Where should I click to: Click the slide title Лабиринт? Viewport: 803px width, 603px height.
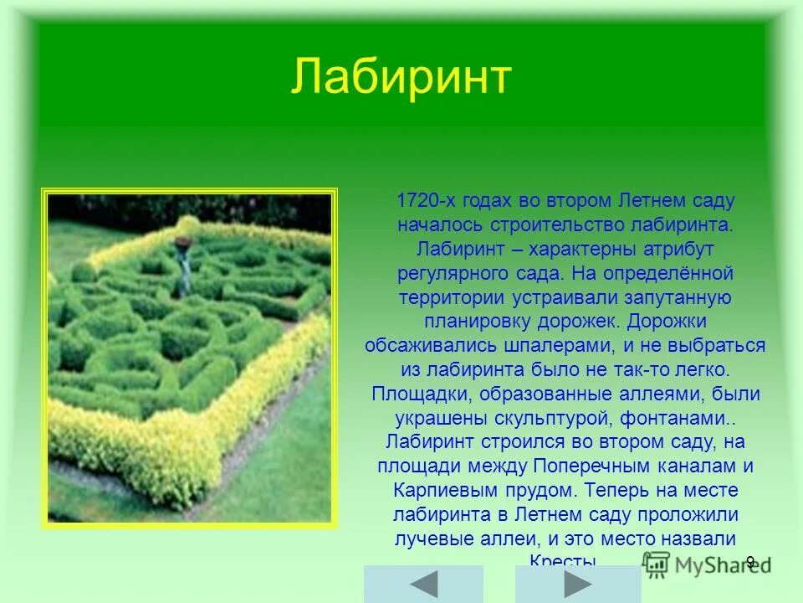(401, 78)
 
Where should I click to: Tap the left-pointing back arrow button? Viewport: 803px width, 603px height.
(423, 583)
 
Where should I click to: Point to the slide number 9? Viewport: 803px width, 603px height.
(750, 562)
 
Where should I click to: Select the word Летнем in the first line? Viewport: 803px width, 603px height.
(652, 202)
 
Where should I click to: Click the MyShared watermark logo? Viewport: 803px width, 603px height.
(694, 564)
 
